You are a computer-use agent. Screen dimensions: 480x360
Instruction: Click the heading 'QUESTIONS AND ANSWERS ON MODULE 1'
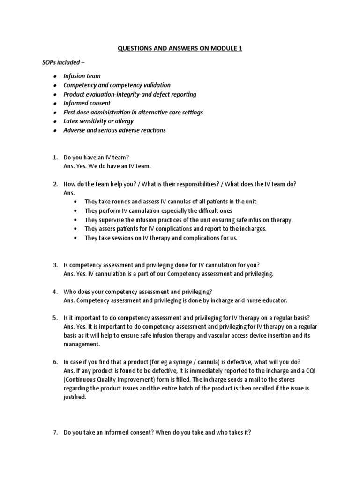(x=180, y=48)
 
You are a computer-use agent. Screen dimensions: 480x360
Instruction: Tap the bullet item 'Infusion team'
(x=82, y=76)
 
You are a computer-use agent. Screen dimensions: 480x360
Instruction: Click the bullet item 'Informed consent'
(x=87, y=103)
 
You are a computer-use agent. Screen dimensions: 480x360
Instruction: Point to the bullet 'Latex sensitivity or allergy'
(x=98, y=121)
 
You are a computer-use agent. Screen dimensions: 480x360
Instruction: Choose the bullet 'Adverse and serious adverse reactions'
(x=114, y=130)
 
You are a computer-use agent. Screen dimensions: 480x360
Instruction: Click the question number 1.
(x=54, y=157)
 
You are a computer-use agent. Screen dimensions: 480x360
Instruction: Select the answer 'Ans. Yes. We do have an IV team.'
(x=107, y=166)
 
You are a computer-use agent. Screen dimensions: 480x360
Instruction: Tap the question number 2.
(x=54, y=184)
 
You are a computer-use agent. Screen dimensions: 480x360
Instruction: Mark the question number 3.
(x=54, y=265)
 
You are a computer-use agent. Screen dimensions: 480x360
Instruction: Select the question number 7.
(x=54, y=433)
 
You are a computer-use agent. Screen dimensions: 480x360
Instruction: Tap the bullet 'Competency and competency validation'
(x=117, y=85)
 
